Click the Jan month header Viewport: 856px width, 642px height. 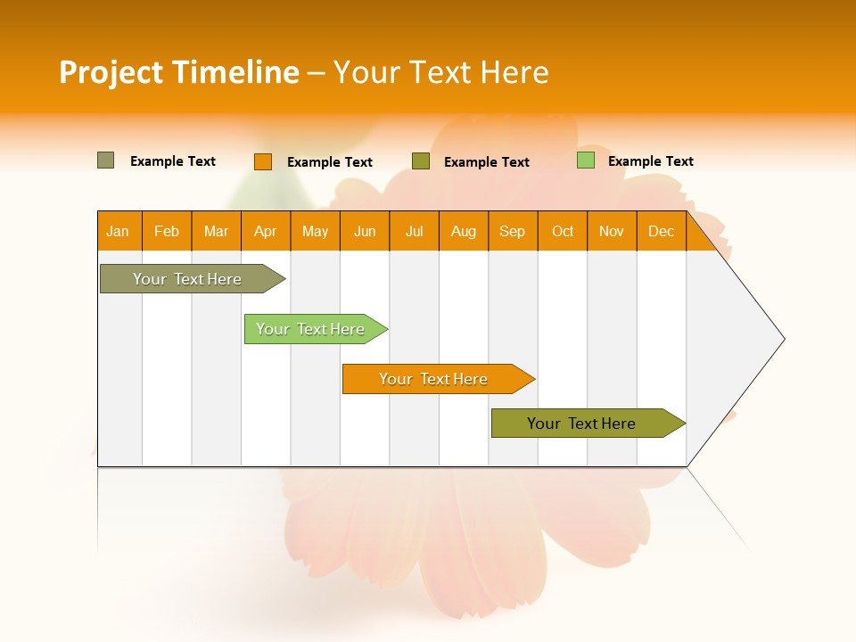pos(119,232)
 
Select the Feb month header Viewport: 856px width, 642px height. pos(167,232)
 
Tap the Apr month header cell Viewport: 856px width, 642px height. pos(266,232)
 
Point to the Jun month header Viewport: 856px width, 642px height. pos(365,232)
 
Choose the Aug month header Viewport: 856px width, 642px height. pos(464,232)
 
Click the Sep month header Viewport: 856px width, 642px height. pos(513,232)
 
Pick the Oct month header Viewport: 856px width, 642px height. pos(563,232)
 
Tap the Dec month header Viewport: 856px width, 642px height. pos(662,232)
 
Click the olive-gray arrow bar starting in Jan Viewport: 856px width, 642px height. pos(188,279)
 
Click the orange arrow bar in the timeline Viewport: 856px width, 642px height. pos(434,379)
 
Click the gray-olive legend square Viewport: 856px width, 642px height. pos(105,160)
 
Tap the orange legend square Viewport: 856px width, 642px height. pos(262,161)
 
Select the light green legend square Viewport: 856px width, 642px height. pos(585,160)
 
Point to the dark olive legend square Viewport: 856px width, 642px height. pos(421,161)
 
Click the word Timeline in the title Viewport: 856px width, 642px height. pos(235,72)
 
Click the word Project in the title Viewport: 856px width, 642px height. pos(111,72)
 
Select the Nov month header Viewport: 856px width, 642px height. pos(612,232)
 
